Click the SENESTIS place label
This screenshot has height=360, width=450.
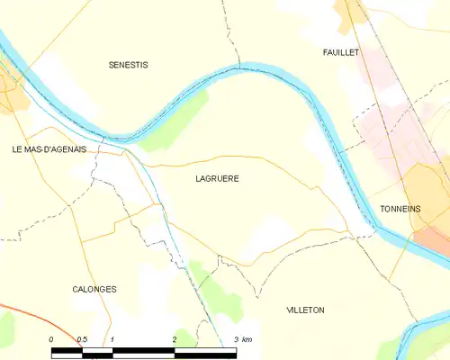[128, 65]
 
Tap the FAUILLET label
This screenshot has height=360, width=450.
[341, 53]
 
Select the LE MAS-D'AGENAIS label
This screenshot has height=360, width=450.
[49, 149]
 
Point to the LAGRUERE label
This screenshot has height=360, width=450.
[217, 178]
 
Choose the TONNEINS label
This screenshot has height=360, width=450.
[400, 209]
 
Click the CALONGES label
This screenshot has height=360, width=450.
[94, 289]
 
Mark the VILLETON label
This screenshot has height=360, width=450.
[305, 310]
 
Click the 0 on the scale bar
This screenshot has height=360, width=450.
[51, 338]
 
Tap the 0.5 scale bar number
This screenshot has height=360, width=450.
[81, 338]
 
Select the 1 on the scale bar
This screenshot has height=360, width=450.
[112, 338]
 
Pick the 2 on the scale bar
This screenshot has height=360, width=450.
[173, 338]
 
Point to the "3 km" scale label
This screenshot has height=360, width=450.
[241, 338]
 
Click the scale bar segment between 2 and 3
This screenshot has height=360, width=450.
[205, 349]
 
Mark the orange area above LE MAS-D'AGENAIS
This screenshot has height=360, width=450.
[11, 94]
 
